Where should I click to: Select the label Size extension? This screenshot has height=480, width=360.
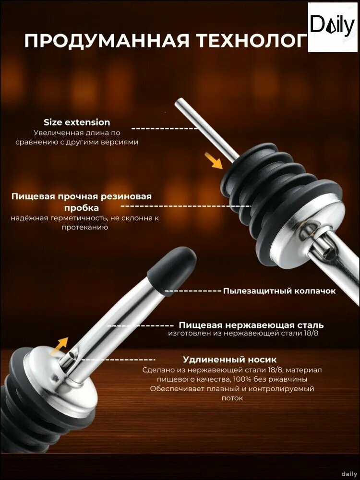[77, 122]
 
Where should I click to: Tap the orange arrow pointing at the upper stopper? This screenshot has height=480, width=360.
[214, 160]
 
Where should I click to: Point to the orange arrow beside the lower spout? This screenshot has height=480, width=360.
[59, 346]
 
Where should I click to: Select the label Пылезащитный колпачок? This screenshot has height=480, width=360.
[279, 291]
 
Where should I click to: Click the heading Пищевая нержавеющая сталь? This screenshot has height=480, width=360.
[251, 325]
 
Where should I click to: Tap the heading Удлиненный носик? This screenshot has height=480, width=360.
[229, 359]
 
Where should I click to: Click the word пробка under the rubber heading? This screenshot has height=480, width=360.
[82, 208]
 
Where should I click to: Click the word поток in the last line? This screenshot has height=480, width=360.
[232, 398]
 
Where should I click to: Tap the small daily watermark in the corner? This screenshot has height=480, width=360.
[349, 474]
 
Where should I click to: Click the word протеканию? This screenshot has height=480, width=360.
[84, 228]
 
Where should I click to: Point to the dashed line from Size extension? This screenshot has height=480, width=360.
[165, 129]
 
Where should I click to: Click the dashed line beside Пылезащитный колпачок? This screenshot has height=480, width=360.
[193, 291]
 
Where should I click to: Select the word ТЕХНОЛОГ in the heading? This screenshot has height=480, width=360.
[252, 41]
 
